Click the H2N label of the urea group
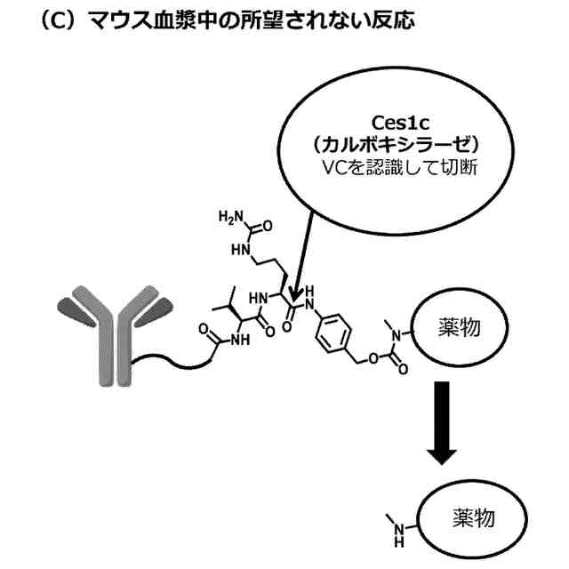[x=229, y=217]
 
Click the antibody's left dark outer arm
[x=74, y=307]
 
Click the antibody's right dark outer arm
[x=154, y=307]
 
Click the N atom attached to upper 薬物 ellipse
[x=399, y=334]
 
